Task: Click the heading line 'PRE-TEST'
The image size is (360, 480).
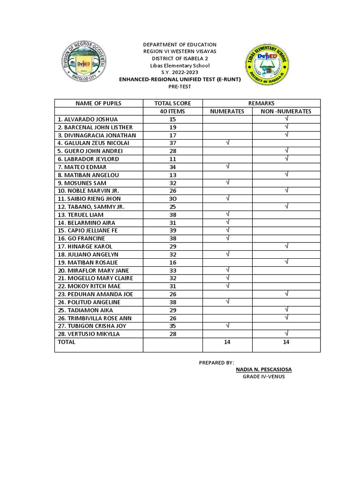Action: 180,87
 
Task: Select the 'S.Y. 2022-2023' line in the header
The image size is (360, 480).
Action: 180,73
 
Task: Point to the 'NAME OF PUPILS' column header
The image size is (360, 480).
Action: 98,103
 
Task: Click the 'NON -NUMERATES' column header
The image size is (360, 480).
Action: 286,112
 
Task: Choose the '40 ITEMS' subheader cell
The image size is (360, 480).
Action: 172,112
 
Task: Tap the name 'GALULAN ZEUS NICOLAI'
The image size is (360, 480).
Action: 93,143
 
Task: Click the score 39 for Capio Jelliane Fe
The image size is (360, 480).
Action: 172,231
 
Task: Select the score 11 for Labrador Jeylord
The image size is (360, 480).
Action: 172,159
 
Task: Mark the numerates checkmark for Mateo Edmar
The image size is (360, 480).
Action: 227,166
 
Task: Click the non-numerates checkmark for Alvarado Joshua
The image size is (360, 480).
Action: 286,119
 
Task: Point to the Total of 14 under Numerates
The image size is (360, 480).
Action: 227,342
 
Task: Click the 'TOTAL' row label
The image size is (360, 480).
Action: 66,342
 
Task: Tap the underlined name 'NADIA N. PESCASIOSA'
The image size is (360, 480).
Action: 264,369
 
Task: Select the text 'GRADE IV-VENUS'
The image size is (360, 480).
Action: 263,377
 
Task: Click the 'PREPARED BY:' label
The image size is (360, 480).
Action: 216,362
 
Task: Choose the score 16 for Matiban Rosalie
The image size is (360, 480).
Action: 172,262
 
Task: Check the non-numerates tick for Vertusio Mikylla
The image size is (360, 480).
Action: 286,333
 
